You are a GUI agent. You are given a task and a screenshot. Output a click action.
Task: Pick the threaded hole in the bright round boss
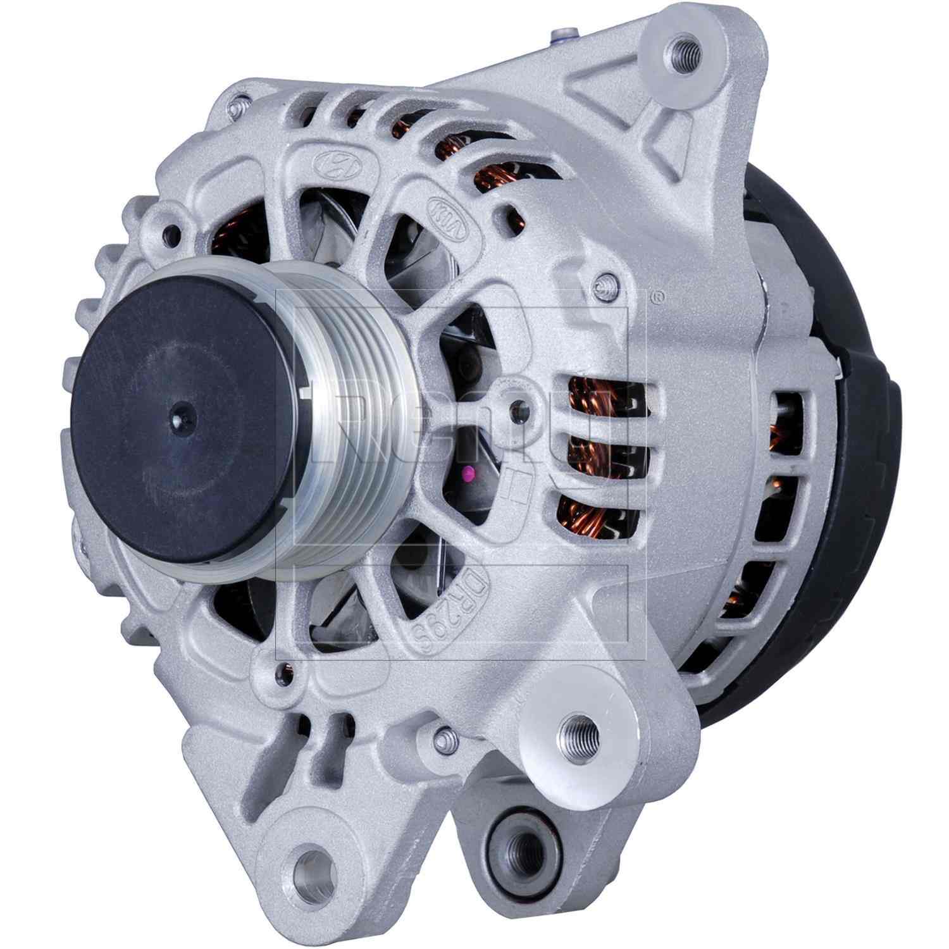pos(578,736)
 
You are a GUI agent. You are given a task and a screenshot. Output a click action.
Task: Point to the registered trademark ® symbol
pos(659,295)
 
